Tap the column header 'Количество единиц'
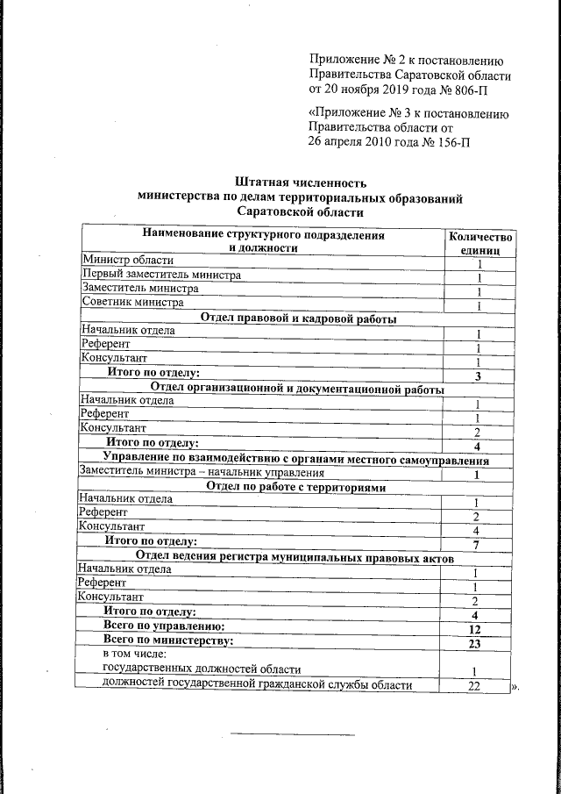pyautogui.click(x=479, y=243)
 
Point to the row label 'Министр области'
pyautogui.click(x=127, y=260)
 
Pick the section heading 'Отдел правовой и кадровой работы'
pyautogui.click(x=299, y=318)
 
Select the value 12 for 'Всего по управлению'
pyautogui.click(x=475, y=630)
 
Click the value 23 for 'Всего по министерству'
pyautogui.click(x=475, y=645)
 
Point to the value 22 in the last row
pyautogui.click(x=473, y=686)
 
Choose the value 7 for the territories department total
pyautogui.click(x=475, y=545)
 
